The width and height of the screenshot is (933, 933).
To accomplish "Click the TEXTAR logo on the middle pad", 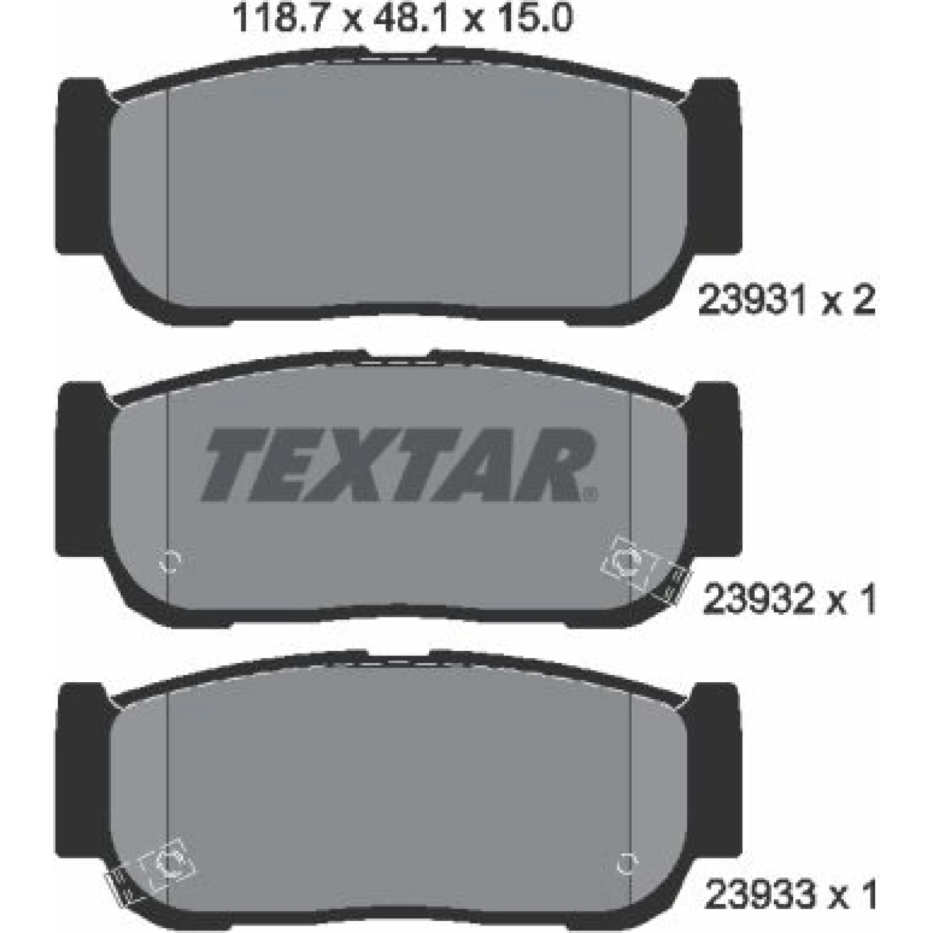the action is click(x=398, y=465).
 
